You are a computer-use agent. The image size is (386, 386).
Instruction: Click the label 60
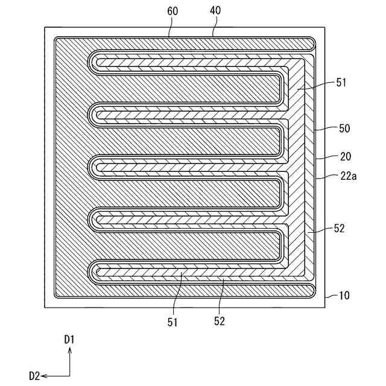(x=174, y=10)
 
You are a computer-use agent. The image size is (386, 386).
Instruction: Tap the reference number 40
(x=214, y=10)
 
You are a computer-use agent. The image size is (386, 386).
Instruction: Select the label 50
(x=345, y=128)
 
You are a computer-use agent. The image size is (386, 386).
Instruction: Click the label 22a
(x=347, y=177)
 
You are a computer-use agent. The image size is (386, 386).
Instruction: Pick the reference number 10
(x=345, y=296)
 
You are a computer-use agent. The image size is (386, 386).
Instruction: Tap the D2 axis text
(x=34, y=376)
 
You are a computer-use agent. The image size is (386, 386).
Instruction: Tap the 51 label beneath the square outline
(x=173, y=322)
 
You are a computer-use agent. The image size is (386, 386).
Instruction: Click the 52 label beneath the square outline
(x=219, y=322)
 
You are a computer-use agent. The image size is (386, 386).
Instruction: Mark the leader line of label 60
(x=171, y=27)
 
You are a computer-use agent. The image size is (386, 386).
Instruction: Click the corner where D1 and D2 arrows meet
(x=69, y=375)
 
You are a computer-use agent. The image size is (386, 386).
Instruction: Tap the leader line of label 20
(x=326, y=156)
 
